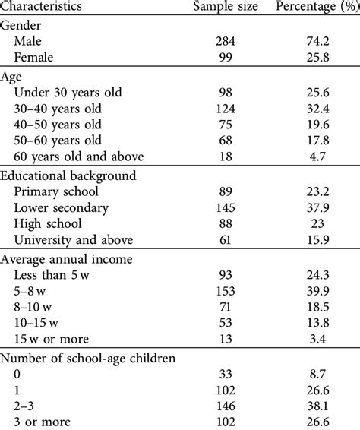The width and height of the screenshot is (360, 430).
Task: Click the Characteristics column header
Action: tap(53, 7)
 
